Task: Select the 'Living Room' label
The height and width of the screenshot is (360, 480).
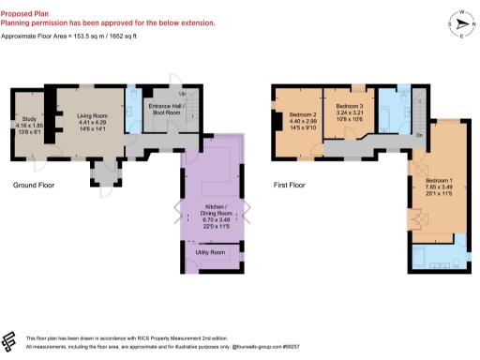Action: pyautogui.click(x=92, y=115)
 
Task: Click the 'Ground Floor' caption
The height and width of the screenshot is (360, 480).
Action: pyautogui.click(x=33, y=185)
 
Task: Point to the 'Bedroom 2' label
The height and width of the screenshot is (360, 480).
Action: pyautogui.click(x=290, y=114)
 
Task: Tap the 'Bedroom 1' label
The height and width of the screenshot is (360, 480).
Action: pyautogui.click(x=439, y=179)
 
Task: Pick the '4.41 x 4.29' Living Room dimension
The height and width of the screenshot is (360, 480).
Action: pyautogui.click(x=92, y=122)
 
